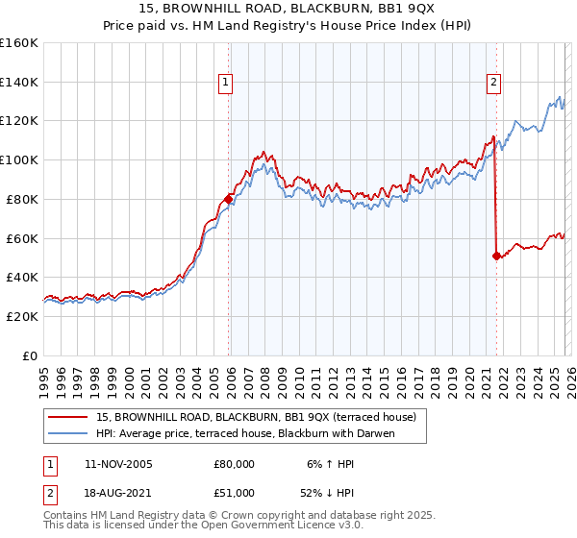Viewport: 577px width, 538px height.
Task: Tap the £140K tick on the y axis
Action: tap(19, 82)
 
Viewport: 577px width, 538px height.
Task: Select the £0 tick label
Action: tap(30, 355)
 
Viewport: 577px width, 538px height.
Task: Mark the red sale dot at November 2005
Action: tap(229, 199)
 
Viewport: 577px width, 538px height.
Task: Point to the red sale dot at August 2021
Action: tap(497, 256)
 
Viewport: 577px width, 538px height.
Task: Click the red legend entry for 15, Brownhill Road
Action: tap(256, 417)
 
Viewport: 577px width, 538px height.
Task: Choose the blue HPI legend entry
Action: tap(246, 433)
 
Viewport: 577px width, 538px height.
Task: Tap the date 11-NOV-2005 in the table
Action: tap(118, 464)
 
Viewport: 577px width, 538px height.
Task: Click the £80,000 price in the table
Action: tap(234, 464)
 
